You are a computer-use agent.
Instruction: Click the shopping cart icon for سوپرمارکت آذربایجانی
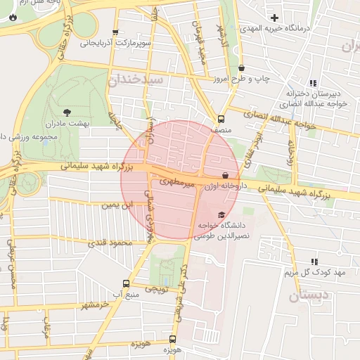115,32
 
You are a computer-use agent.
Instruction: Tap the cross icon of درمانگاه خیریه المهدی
275,17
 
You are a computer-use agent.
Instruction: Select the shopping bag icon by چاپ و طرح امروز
242,68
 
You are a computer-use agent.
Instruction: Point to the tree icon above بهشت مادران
67,112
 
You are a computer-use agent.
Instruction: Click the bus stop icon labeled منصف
221,119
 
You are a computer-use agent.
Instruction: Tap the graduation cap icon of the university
222,214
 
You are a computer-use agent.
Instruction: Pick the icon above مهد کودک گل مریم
314,262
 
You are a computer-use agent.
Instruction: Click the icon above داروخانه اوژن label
225,176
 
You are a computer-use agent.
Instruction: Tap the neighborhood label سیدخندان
136,80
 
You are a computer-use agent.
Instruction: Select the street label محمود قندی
110,243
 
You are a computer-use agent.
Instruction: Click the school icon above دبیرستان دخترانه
313,83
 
